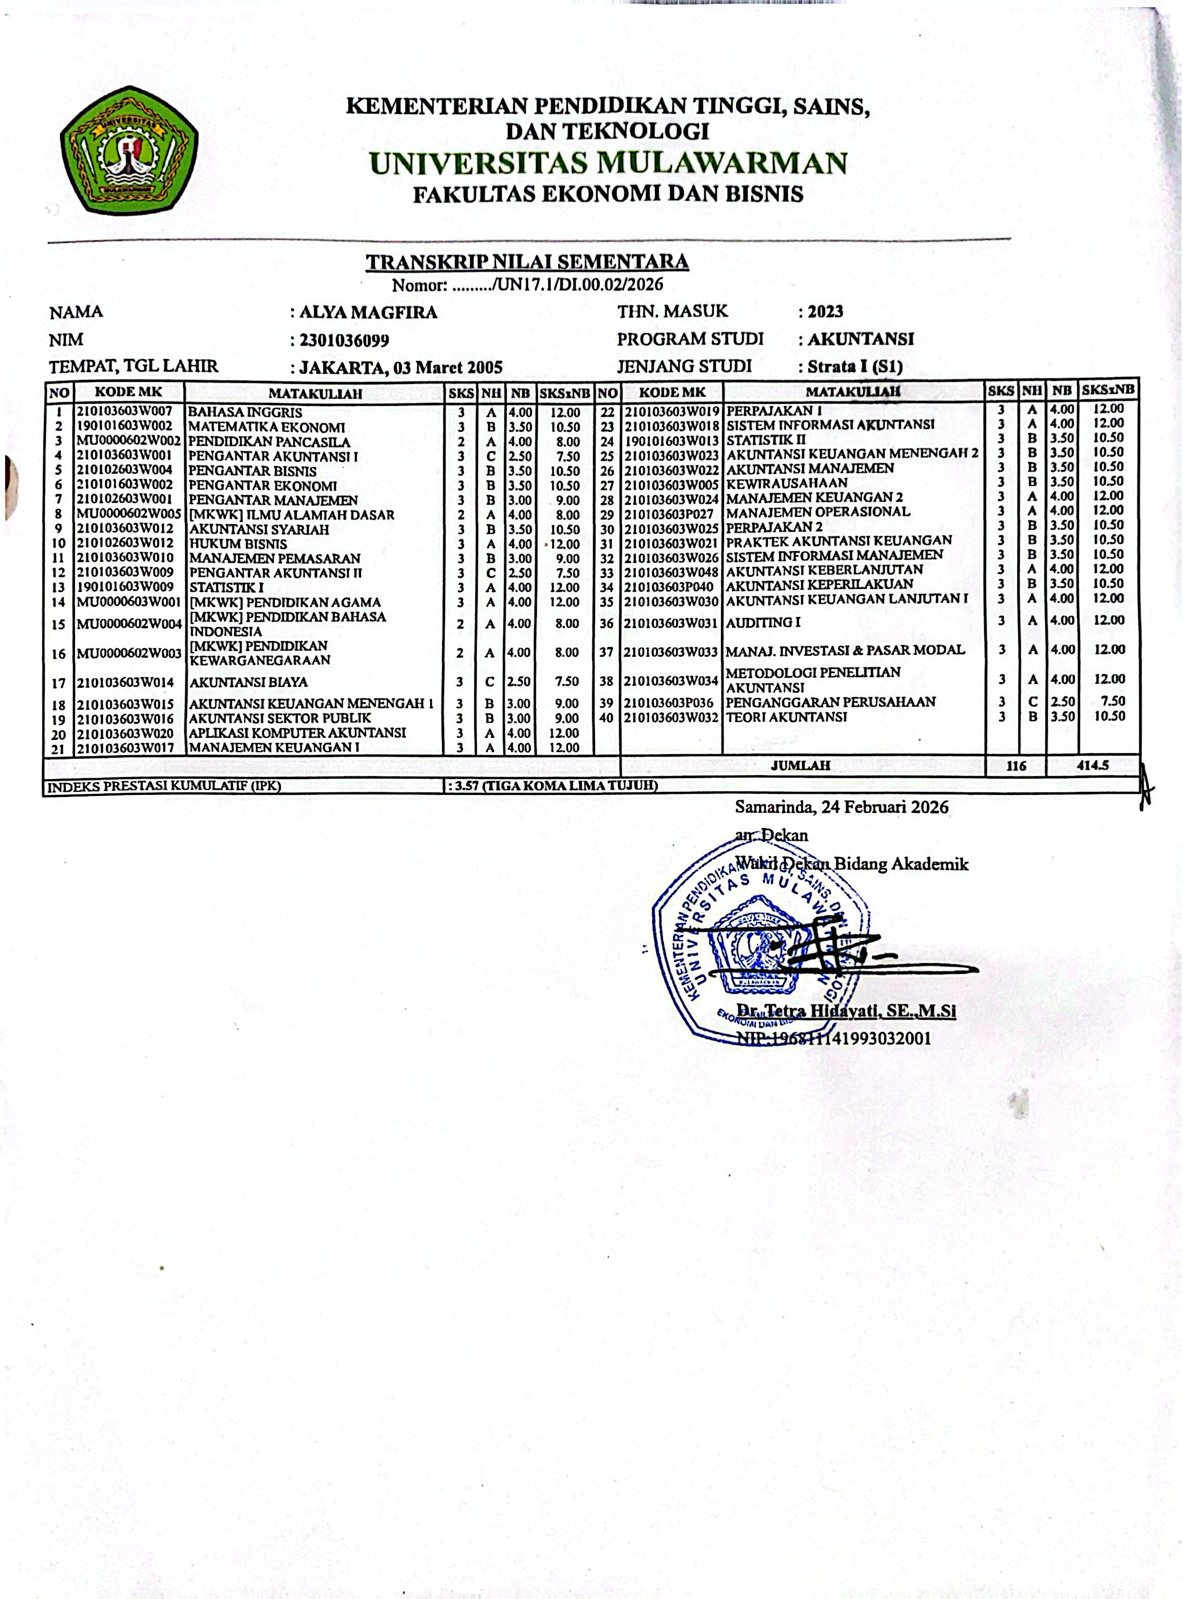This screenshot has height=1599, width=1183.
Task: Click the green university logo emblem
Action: (130, 150)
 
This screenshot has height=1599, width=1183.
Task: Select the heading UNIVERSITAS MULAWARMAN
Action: (608, 163)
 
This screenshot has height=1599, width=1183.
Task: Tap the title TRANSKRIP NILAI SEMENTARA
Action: (527, 262)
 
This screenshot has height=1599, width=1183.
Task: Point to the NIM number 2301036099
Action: (344, 341)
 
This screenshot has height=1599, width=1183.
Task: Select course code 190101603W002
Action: (125, 427)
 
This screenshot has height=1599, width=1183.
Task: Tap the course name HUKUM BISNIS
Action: (239, 544)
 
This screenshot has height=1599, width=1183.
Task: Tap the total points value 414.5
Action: (1093, 765)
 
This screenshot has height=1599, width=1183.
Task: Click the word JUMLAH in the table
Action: (801, 765)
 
